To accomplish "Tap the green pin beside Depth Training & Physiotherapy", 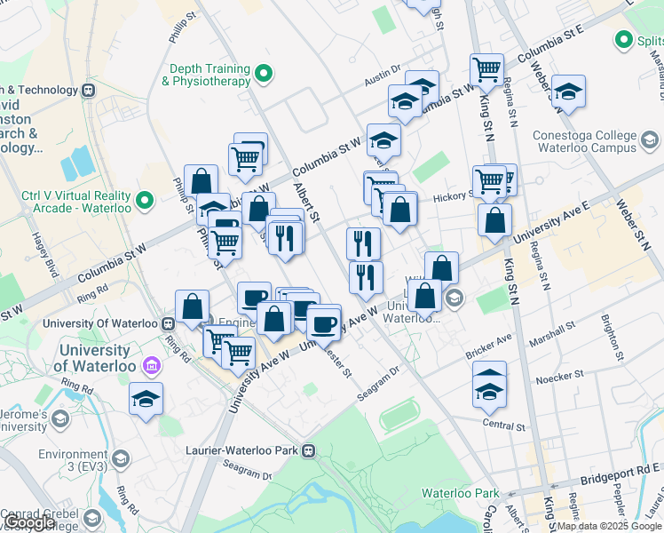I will pos(263,74).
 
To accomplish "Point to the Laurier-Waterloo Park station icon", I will pos(310,450).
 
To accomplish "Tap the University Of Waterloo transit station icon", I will pos(169,323).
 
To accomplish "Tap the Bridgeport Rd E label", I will pos(620,473).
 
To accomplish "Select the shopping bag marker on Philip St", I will pos(202,181).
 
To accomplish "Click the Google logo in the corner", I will pos(29,522).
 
